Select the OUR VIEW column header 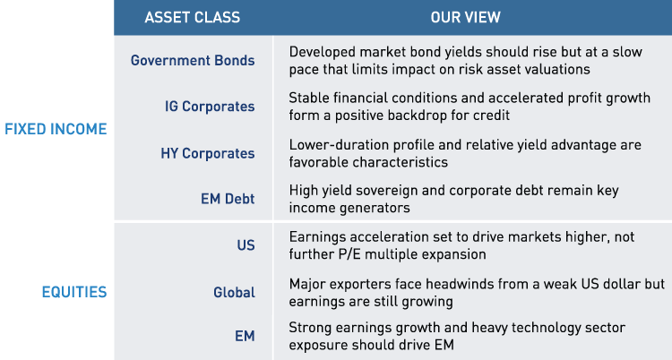coord(465,17)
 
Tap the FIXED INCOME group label coord(56,129)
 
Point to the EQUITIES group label coord(74,292)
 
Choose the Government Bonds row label coord(193,61)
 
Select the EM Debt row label coord(228,199)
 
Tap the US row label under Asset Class coord(246,244)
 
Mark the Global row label coord(234,292)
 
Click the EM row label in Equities coord(245,336)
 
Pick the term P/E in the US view coord(348,253)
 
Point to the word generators coord(375,207)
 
